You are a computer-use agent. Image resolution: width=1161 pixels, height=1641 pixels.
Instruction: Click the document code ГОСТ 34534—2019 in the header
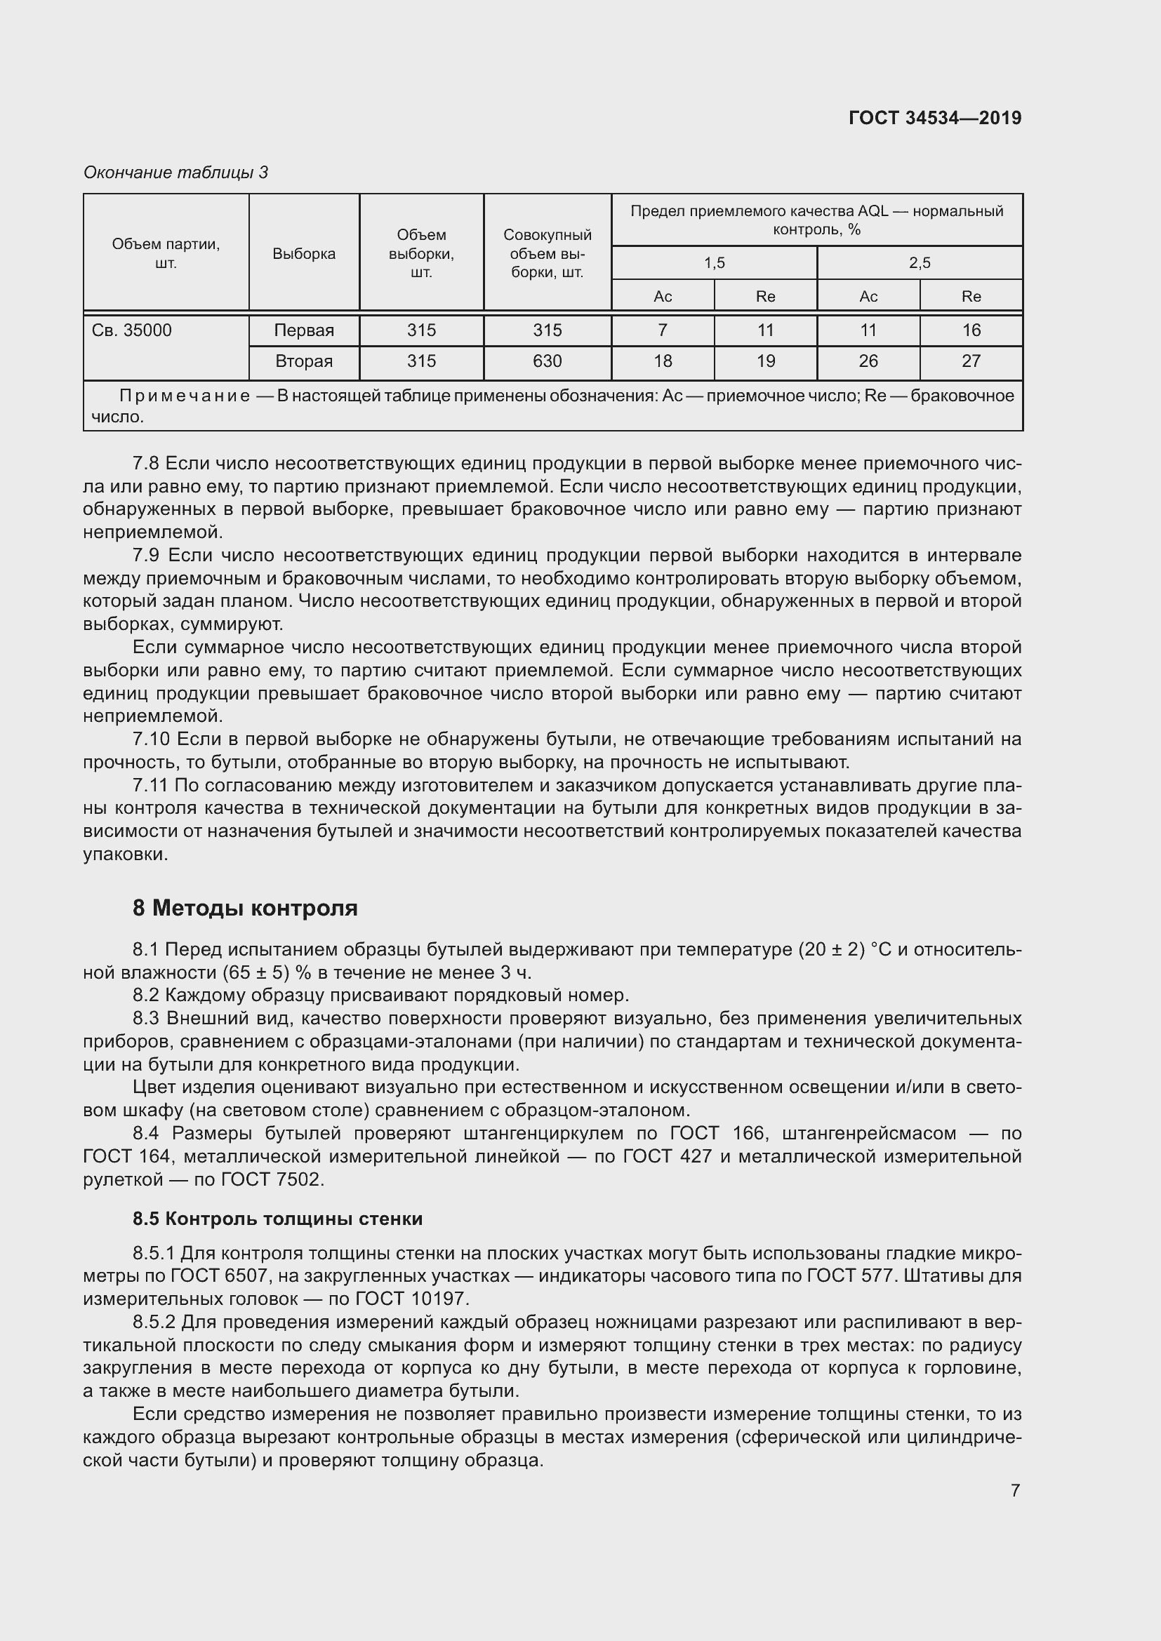(934, 118)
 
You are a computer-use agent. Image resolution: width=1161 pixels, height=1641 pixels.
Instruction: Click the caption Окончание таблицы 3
(175, 173)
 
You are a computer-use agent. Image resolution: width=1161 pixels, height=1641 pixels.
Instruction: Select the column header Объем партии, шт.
(166, 253)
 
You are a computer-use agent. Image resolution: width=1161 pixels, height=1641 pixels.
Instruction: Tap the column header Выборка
(304, 254)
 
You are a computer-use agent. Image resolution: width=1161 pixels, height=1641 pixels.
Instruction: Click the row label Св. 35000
(132, 330)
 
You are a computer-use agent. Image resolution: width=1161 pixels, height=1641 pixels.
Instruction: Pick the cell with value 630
(547, 361)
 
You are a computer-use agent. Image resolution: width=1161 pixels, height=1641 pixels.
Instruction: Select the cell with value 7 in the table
(663, 330)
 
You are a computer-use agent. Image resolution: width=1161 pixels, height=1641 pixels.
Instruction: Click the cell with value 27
(970, 361)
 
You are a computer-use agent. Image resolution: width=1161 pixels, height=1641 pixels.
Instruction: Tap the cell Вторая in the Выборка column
(304, 361)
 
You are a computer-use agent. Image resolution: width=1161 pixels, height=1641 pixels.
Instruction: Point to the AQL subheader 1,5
(714, 263)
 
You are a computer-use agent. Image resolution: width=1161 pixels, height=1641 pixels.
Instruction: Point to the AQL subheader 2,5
(920, 263)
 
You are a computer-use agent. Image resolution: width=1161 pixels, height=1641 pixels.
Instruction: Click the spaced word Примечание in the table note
(185, 396)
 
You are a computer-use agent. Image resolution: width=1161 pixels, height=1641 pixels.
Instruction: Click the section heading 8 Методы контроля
(244, 909)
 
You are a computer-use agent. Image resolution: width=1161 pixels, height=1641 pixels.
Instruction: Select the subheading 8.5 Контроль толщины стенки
(277, 1219)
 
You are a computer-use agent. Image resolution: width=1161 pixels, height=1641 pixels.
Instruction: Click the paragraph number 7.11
(150, 786)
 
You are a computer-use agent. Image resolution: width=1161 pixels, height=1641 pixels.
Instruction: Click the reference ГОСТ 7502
(272, 1179)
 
